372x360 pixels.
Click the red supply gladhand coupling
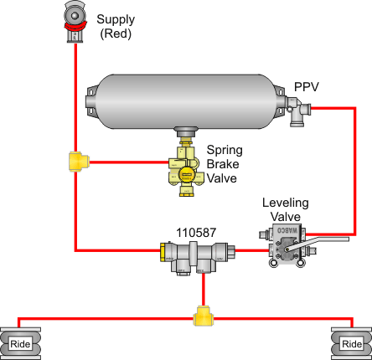point(75,22)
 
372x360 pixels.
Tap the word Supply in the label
point(116,20)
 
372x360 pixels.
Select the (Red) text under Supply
point(116,33)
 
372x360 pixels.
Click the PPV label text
point(307,87)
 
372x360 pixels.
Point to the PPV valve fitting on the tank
point(298,111)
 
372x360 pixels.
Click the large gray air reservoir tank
point(185,101)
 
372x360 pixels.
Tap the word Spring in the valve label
point(225,151)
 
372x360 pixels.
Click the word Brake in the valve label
point(223,164)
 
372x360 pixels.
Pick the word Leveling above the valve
point(286,203)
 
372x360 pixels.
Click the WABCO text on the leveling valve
point(287,230)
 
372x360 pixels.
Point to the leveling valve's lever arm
point(318,244)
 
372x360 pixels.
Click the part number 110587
point(196,233)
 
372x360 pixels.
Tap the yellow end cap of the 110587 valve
point(163,252)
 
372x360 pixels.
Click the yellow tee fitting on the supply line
point(79,162)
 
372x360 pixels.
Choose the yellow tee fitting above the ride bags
point(204,316)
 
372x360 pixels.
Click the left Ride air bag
point(20,344)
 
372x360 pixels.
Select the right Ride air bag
point(352,344)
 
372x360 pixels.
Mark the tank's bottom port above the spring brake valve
point(186,131)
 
